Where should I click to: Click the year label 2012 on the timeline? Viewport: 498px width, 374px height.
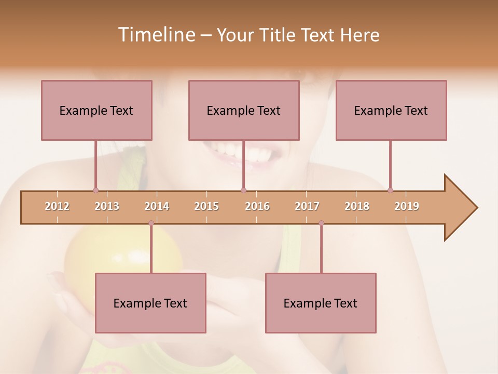pos(57,206)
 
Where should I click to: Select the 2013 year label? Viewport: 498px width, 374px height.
pos(107,206)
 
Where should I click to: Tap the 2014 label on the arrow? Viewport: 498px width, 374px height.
pos(157,206)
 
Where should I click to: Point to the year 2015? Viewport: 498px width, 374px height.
pos(206,206)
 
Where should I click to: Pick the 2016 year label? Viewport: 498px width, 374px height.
pos(257,206)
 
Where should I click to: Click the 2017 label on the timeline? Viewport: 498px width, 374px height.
pos(307,206)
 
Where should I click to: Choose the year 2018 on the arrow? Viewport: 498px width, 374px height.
pos(357,206)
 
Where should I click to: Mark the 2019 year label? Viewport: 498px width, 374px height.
pos(407,206)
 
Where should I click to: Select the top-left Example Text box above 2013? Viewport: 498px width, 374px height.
pos(96,110)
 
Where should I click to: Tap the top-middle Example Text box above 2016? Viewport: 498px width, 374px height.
pos(244,110)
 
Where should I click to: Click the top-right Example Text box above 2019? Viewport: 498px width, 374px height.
pos(391,110)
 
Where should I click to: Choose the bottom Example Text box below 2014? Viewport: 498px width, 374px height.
pos(150,303)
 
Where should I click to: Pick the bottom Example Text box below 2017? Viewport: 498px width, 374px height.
pos(321,303)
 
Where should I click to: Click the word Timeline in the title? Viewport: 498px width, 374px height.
pos(156,35)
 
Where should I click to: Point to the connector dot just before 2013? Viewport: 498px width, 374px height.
pos(95,190)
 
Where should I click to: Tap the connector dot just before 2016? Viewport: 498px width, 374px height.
pos(244,190)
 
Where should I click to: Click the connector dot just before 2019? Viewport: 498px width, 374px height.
pos(390,190)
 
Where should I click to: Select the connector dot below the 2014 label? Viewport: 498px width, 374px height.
pos(151,223)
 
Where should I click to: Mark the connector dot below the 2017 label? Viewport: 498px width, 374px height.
pos(321,223)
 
